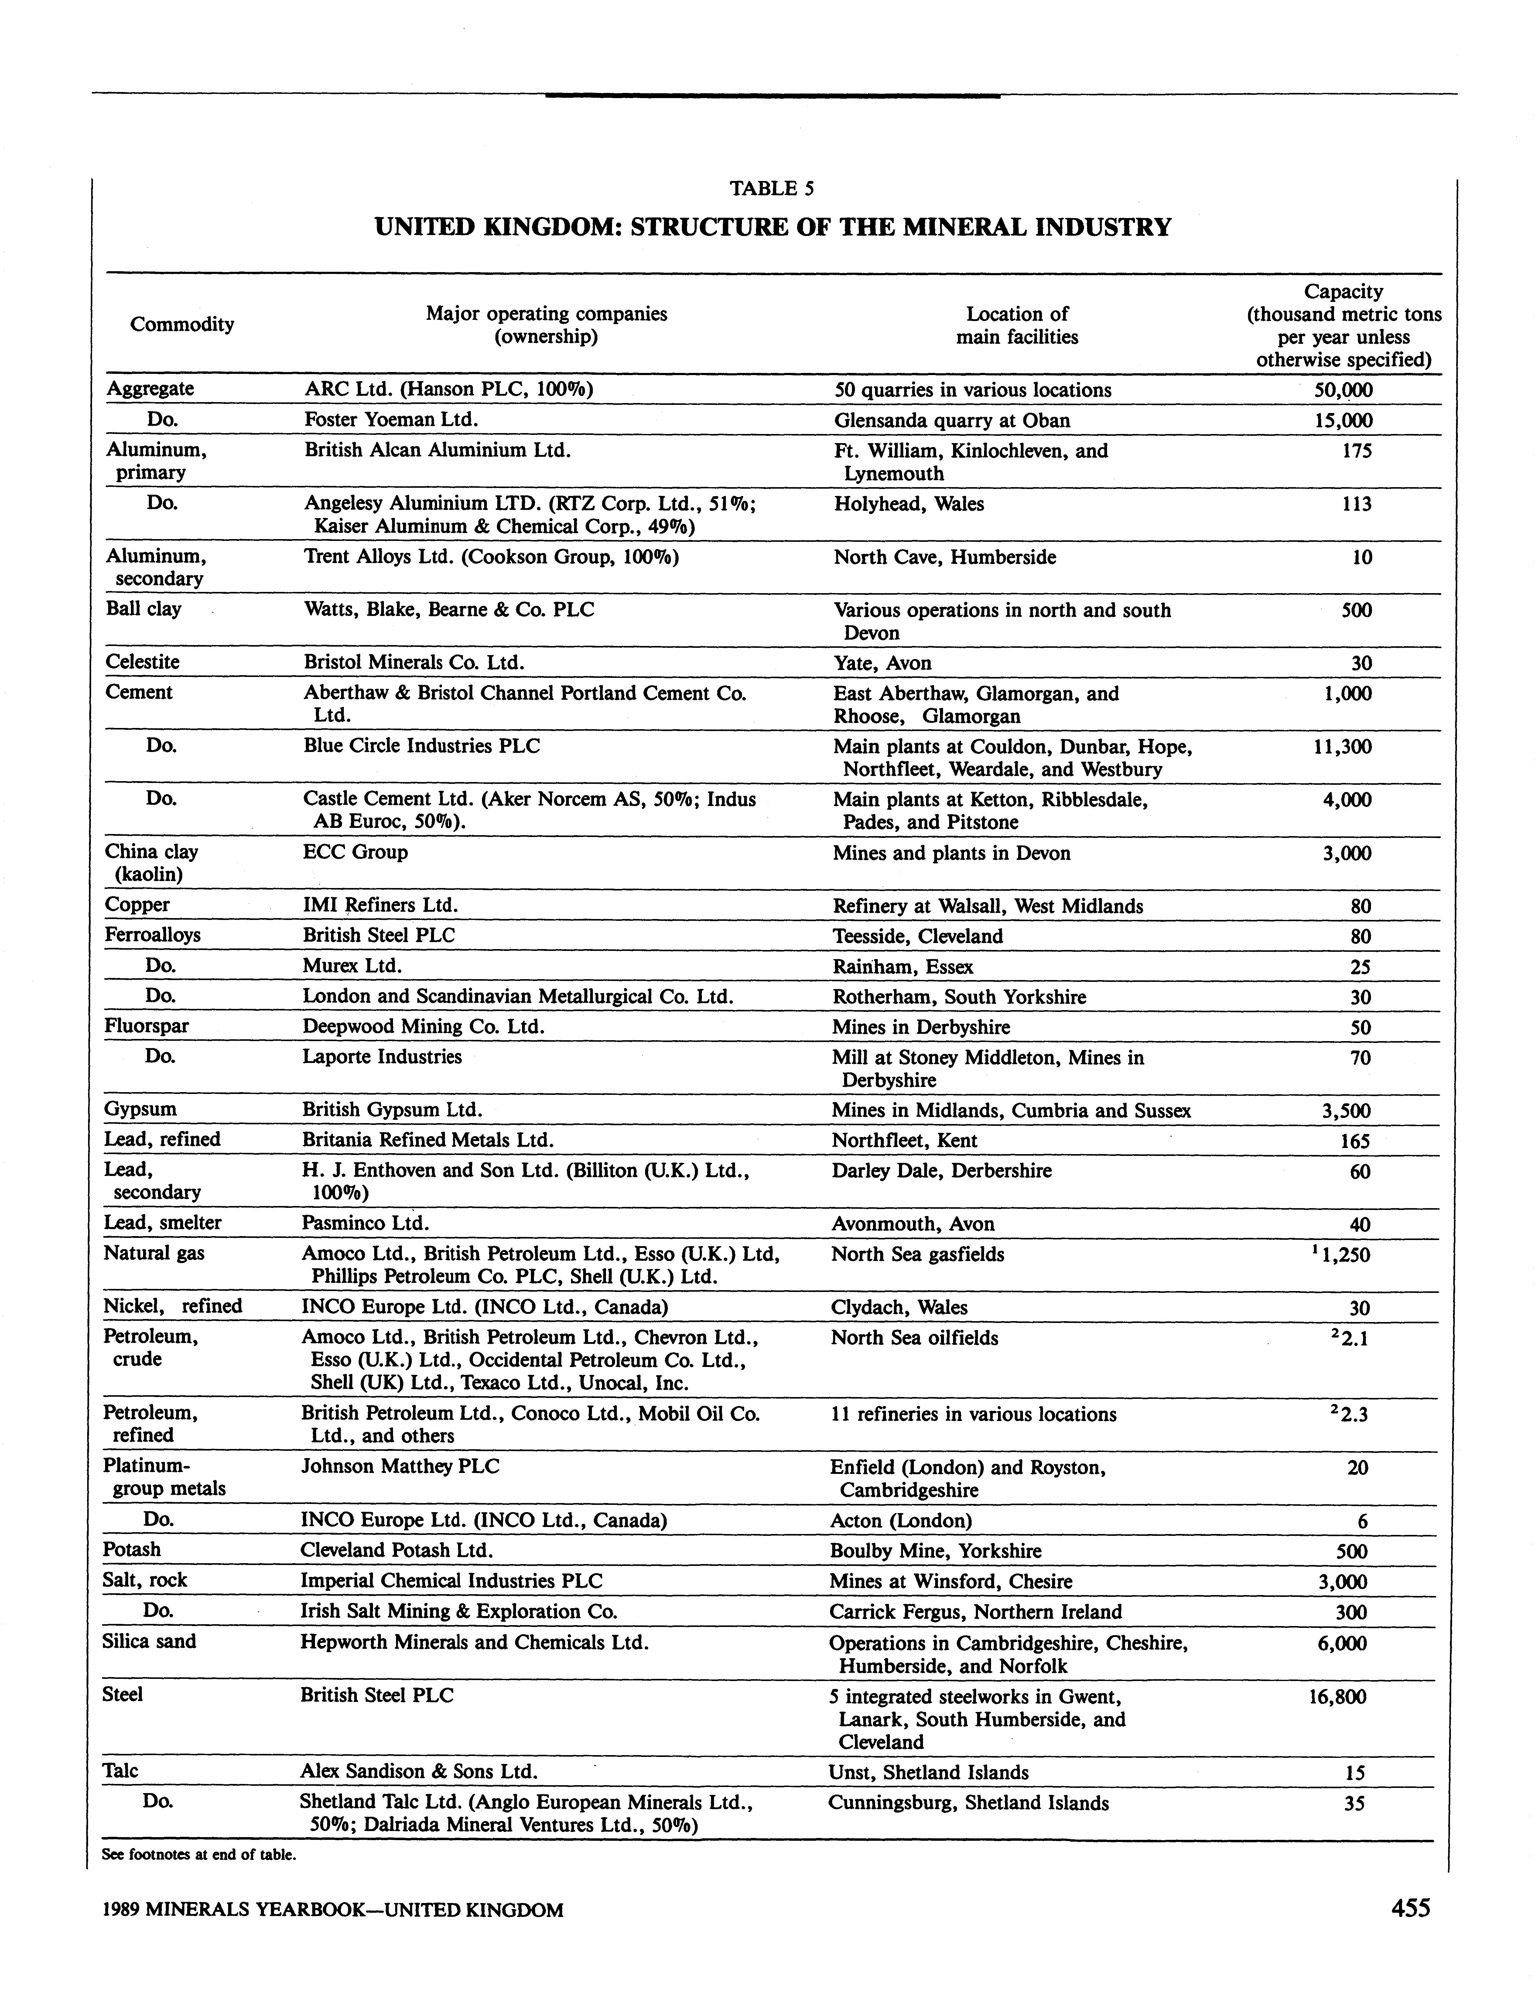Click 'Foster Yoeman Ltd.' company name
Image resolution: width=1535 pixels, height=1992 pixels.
391,419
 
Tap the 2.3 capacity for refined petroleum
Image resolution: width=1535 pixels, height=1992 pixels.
1352,1415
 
